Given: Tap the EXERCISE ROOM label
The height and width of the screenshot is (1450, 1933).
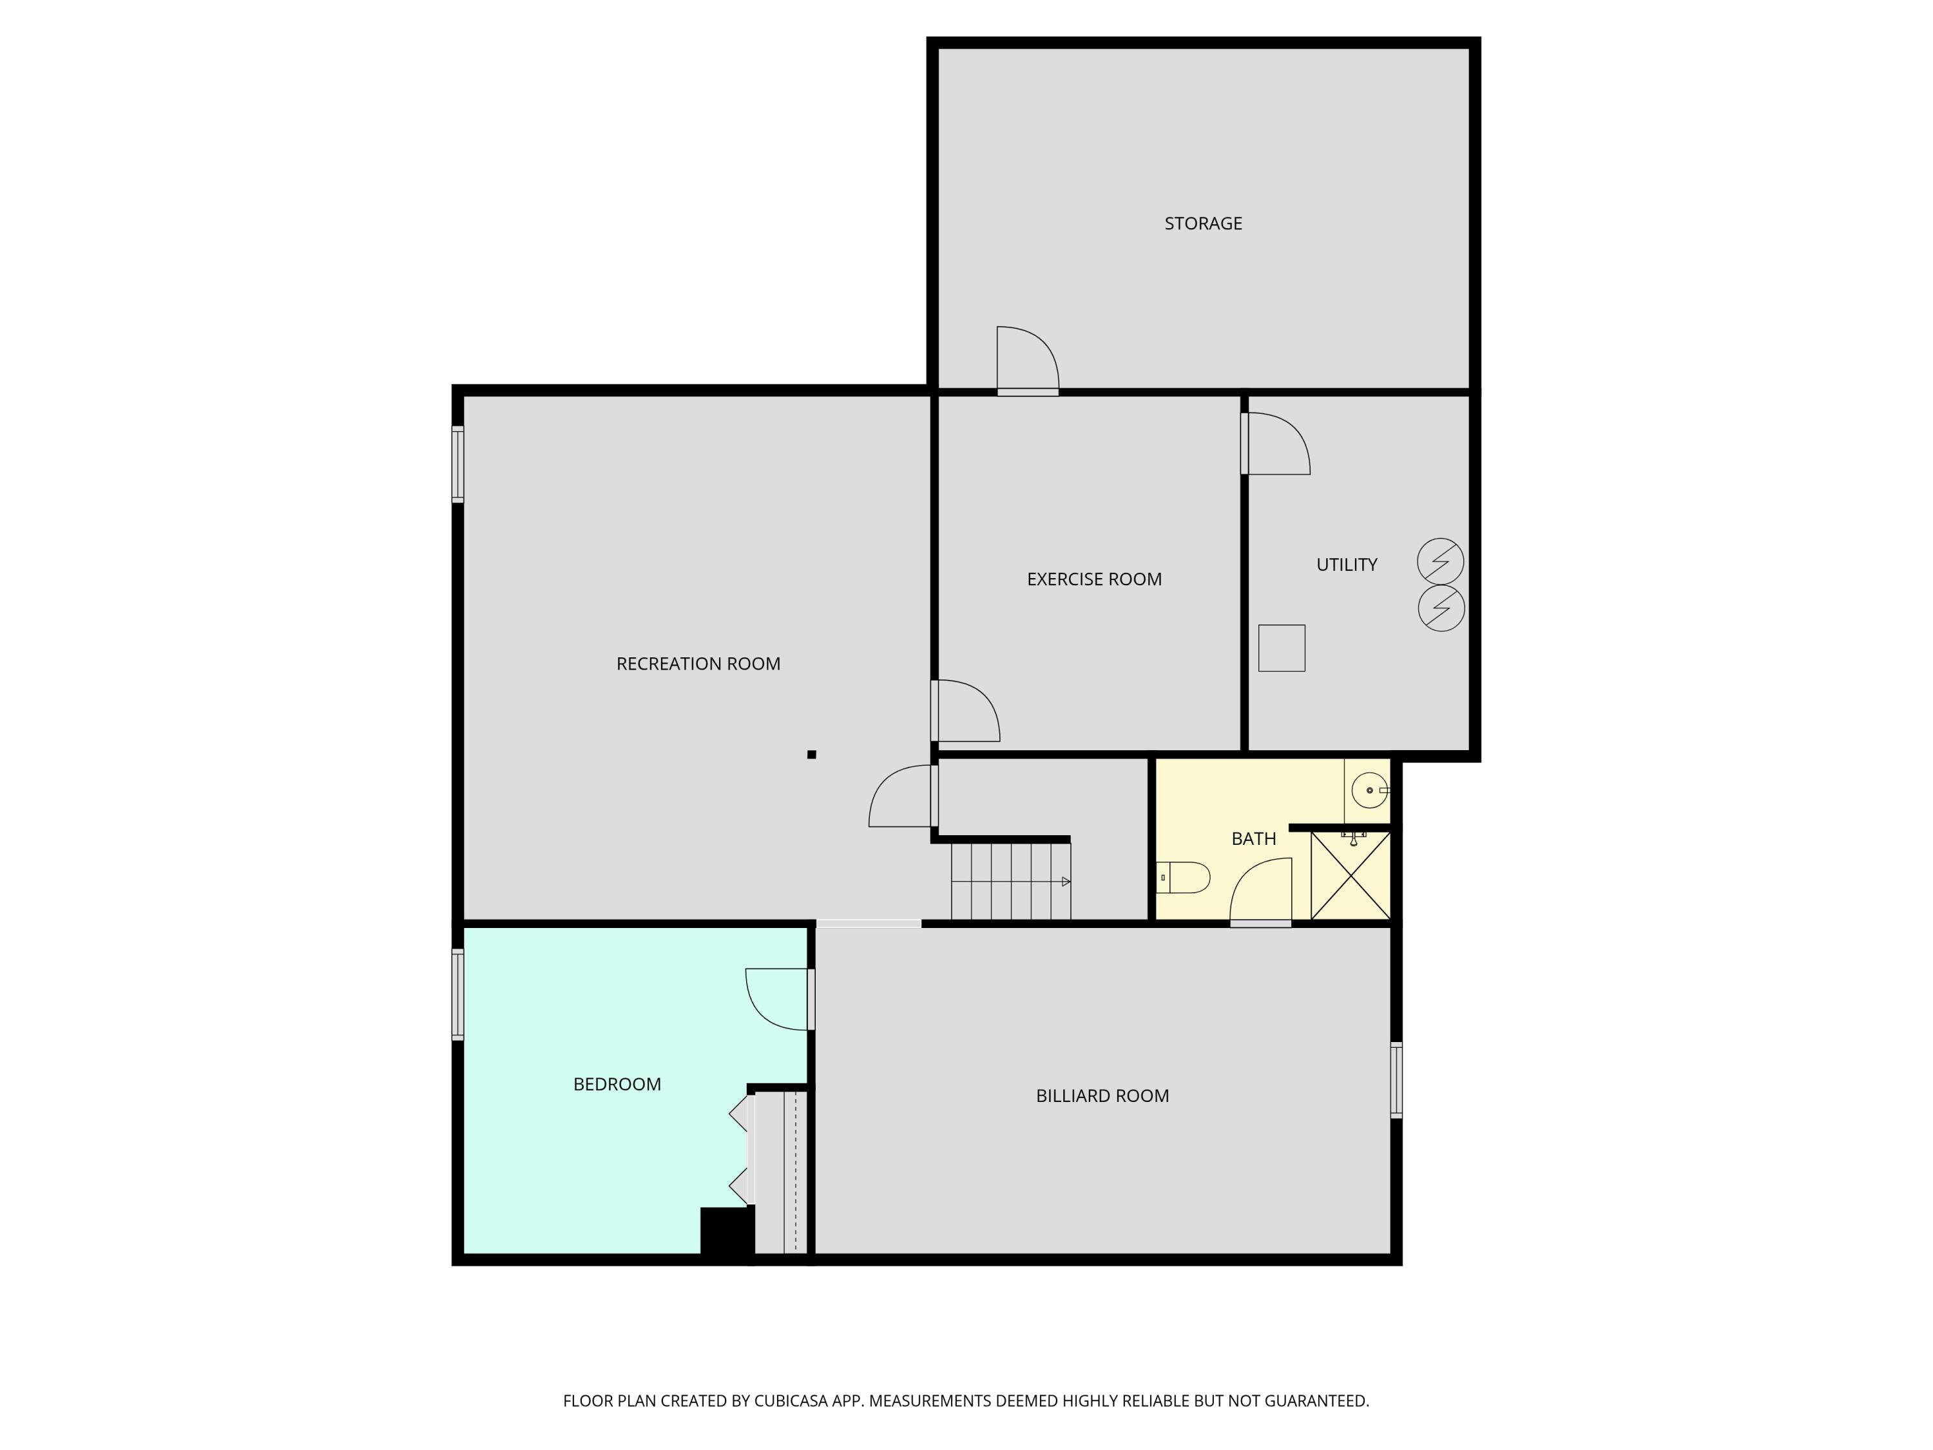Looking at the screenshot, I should [1094, 579].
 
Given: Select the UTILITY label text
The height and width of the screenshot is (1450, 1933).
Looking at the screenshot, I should [1347, 565].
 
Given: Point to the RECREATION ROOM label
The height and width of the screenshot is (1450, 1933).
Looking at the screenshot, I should [698, 664].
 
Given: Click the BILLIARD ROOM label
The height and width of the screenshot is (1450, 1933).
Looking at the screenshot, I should [1102, 1096].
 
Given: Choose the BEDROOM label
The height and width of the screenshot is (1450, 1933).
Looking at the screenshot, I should [617, 1085].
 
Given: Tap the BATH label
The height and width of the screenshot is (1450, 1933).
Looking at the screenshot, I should [1253, 839].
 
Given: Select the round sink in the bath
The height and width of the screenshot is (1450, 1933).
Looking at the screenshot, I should [1369, 790].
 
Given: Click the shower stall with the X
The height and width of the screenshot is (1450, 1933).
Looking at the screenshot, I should [1350, 876].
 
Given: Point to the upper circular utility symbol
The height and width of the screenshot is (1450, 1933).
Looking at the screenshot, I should [1440, 561].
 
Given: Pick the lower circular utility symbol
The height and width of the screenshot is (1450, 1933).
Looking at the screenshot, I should [1440, 608].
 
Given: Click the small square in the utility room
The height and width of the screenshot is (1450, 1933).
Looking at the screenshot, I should [1281, 648].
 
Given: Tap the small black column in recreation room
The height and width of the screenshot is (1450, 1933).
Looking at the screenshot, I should [812, 754].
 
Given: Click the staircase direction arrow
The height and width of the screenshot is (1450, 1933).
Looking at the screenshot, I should [1065, 882].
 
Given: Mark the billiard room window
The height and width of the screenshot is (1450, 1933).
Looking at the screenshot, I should [1396, 1080].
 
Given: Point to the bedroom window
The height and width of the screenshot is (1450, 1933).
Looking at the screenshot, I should [457, 994].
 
